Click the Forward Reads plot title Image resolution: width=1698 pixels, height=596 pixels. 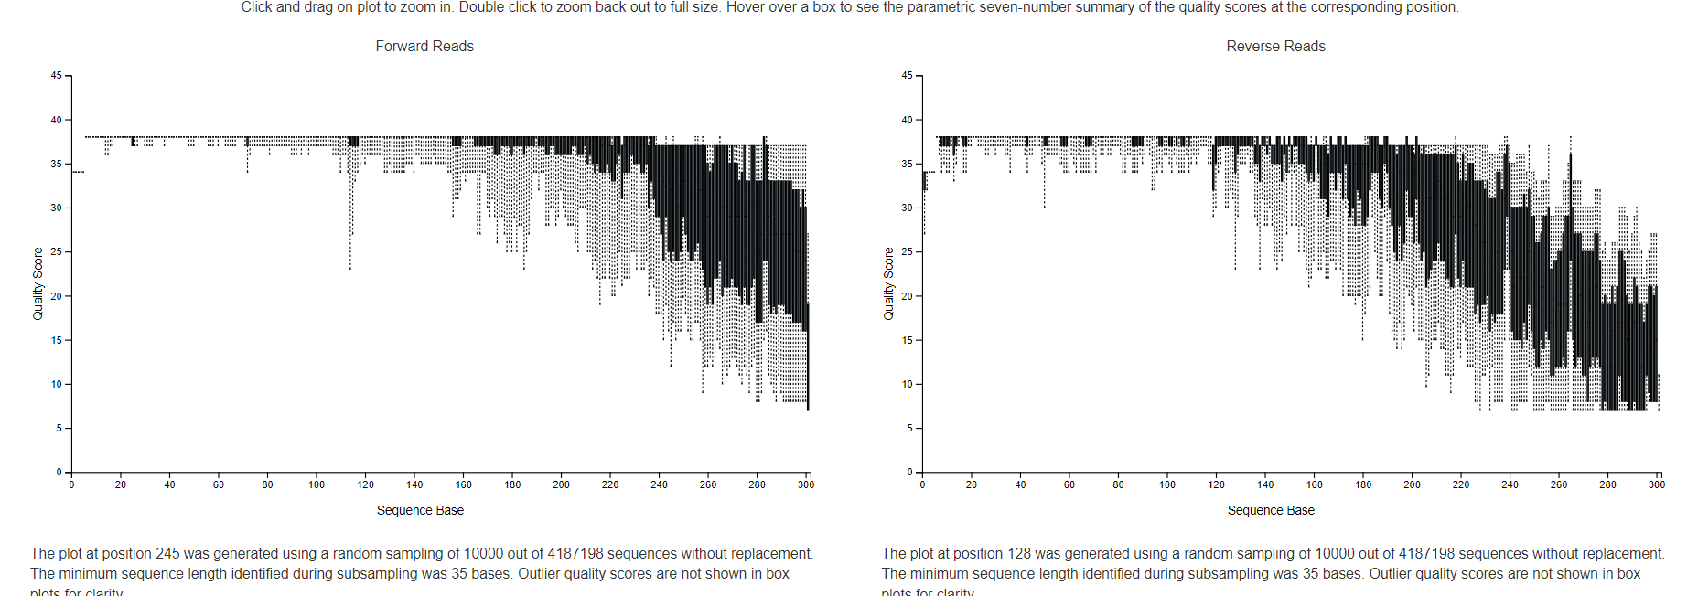point(424,46)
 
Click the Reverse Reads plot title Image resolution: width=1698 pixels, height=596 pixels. point(1275,46)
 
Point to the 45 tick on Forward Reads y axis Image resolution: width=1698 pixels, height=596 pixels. point(57,76)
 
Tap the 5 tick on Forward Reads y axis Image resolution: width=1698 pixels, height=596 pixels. point(59,429)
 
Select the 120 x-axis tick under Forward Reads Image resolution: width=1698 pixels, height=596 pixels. point(365,484)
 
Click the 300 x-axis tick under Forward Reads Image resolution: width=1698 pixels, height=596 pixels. point(805,484)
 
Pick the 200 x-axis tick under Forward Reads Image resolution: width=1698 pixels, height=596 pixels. point(561,484)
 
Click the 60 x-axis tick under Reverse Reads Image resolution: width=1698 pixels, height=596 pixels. point(1069,484)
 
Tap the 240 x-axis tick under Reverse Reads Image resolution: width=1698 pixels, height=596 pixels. point(1510,484)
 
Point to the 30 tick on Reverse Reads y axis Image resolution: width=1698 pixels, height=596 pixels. point(907,208)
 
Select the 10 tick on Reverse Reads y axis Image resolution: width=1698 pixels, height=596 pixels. point(907,385)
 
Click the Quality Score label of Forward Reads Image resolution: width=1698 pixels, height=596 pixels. point(38,283)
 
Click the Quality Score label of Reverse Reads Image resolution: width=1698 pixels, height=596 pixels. point(888,283)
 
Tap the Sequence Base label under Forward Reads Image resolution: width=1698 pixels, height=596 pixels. point(420,510)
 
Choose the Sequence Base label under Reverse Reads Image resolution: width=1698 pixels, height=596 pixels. point(1271,510)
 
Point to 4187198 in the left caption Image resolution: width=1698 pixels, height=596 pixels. point(575,554)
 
